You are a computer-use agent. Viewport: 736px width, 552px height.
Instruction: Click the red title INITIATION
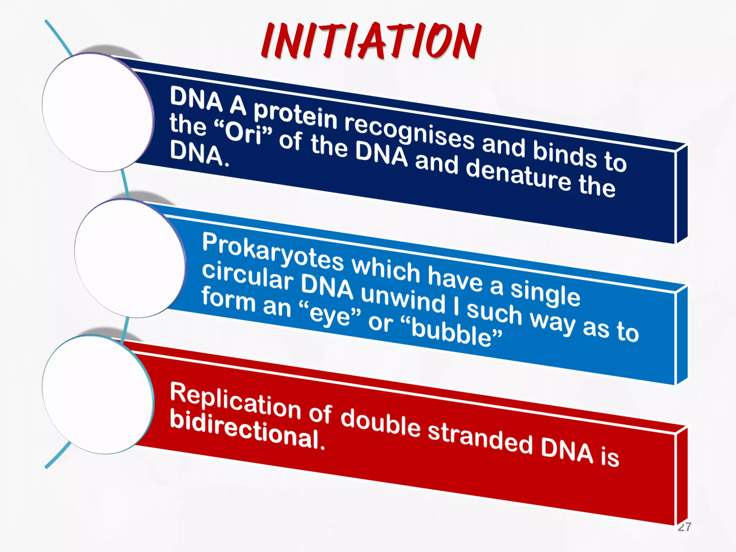[371, 40]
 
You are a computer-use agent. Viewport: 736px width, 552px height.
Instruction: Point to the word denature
[518, 176]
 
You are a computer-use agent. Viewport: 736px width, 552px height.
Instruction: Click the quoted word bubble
[451, 332]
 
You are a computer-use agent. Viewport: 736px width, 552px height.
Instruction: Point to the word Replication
[235, 402]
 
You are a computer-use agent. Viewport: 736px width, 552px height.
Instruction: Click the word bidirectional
[247, 430]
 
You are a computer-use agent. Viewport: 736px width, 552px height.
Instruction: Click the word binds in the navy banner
[564, 155]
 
